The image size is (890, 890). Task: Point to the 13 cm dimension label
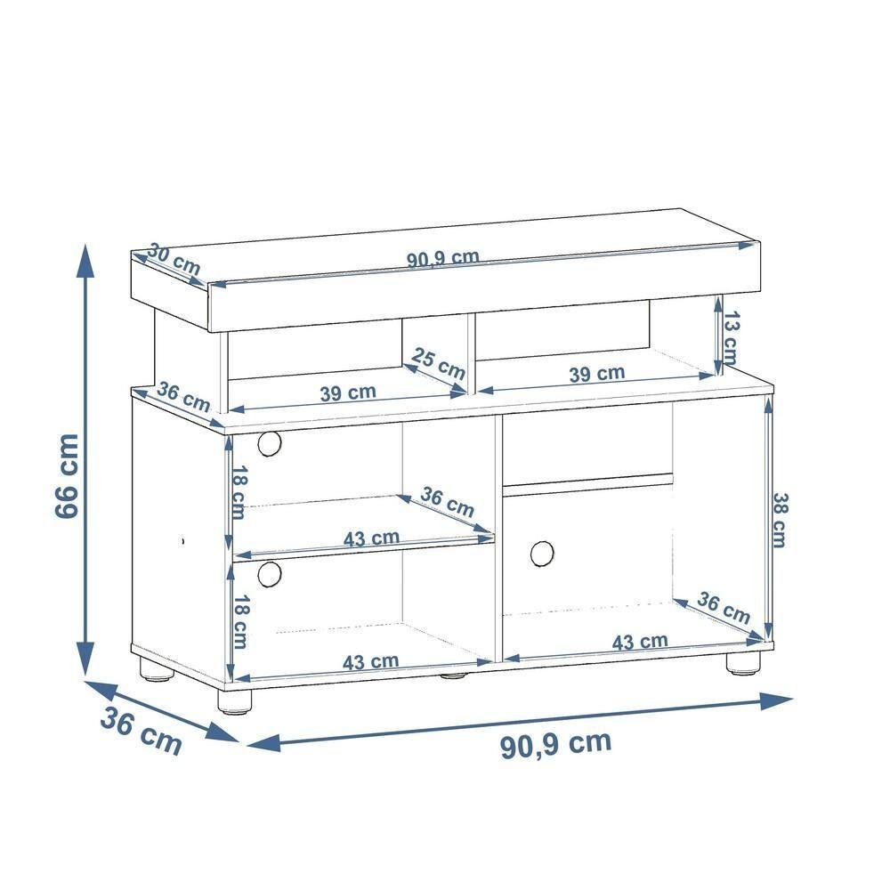point(731,336)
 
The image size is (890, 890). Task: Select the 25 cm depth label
point(439,363)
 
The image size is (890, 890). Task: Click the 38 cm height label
point(779,520)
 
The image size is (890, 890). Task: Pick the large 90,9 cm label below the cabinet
point(555,744)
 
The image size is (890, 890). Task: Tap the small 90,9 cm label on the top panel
point(443,259)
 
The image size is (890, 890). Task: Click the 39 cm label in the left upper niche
point(348,392)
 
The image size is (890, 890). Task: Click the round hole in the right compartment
point(541,553)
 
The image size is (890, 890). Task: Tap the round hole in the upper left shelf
point(269,442)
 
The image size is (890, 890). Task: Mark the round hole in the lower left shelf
point(269,574)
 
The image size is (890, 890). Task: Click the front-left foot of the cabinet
point(235,700)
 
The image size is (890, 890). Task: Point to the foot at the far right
point(743,663)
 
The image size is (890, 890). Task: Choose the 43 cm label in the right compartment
point(640,642)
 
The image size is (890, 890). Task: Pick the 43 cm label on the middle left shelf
point(371,538)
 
